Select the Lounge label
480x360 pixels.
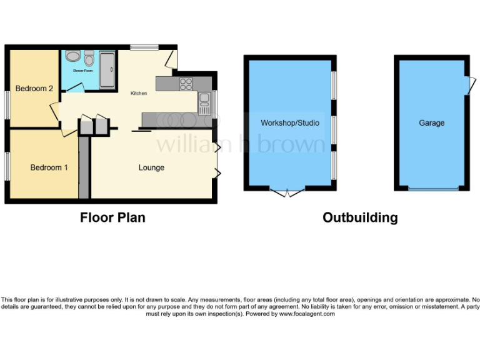click(151, 167)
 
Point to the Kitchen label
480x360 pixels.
click(139, 94)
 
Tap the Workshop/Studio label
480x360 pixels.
click(289, 123)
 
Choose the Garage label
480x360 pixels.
click(431, 123)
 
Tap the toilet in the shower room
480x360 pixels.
click(89, 59)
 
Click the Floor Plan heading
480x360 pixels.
click(112, 217)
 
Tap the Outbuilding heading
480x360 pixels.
click(360, 217)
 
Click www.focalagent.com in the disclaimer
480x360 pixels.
click(307, 314)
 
